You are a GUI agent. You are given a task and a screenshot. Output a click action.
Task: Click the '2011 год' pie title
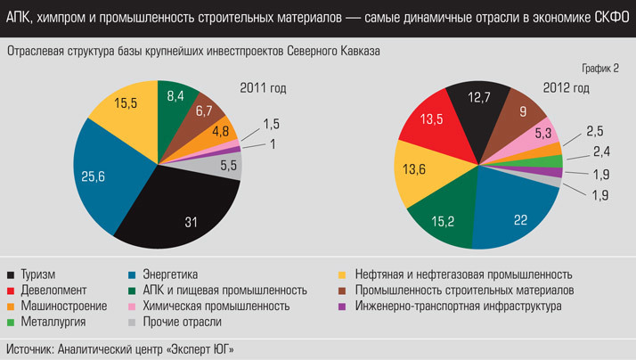[x=263, y=87]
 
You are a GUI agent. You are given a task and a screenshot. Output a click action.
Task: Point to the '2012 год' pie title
[x=567, y=87]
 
